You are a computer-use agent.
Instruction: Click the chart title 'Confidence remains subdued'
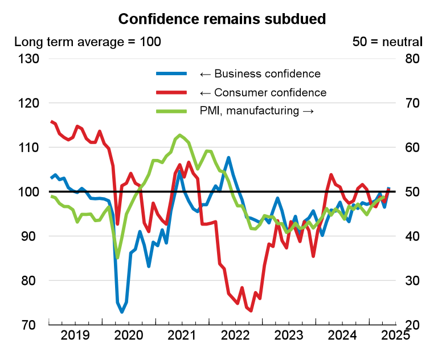pyautogui.click(x=222, y=19)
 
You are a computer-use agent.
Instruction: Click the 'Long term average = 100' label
pyautogui.click(x=87, y=42)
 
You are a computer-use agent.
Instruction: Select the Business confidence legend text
pyautogui.click(x=260, y=73)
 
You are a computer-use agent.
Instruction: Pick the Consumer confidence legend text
pyautogui.click(x=263, y=92)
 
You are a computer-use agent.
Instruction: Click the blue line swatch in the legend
pyautogui.click(x=171, y=73)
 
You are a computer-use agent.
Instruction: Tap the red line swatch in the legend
pyautogui.click(x=171, y=92)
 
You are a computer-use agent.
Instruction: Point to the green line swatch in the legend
pyautogui.click(x=171, y=111)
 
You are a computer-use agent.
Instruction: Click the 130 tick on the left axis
pyautogui.click(x=27, y=59)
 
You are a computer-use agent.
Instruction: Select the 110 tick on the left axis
pyautogui.click(x=27, y=148)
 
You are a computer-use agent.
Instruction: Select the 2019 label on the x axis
pyautogui.click(x=75, y=335)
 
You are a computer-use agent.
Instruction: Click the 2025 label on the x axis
pyautogui.click(x=395, y=335)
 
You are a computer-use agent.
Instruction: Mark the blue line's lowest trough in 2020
pyautogui.click(x=122, y=312)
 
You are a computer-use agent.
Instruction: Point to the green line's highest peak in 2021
pyautogui.click(x=180, y=135)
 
